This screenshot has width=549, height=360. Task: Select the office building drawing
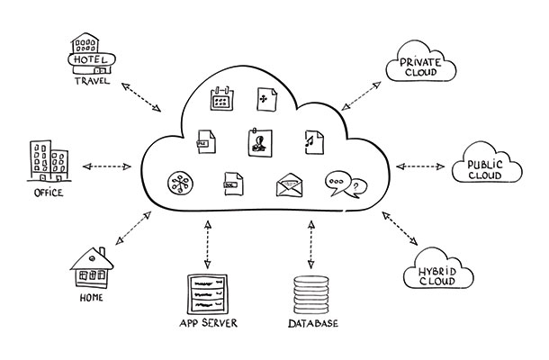coord(44,160)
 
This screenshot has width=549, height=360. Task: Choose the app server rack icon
coord(208,292)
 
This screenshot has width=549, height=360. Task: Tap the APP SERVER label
coord(208,322)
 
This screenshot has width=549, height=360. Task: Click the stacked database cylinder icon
coord(311,293)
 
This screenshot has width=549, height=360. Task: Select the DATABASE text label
coord(311,322)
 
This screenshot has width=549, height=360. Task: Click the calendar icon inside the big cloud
coord(221,98)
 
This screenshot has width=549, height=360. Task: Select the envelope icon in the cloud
coord(290,185)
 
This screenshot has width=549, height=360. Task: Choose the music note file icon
coord(313,141)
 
